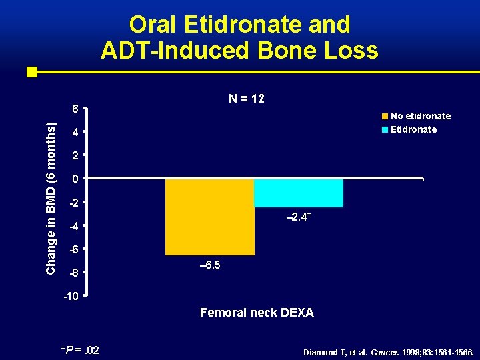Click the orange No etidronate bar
pyautogui.click(x=209, y=217)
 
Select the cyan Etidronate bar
pyautogui.click(x=298, y=193)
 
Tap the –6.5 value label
pyautogui.click(x=210, y=265)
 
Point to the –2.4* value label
pyautogui.click(x=298, y=217)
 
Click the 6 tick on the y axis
pyautogui.click(x=75, y=109)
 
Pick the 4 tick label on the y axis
pyautogui.click(x=75, y=133)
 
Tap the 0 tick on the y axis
pyautogui.click(x=75, y=179)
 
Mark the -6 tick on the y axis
pyautogui.click(x=74, y=249)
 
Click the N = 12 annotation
pyautogui.click(x=247, y=99)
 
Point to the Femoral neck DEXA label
pyautogui.click(x=257, y=312)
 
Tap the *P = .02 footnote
pyautogui.click(x=80, y=350)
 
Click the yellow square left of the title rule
pyautogui.click(x=31, y=71)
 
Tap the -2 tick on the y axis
pyautogui.click(x=74, y=203)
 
